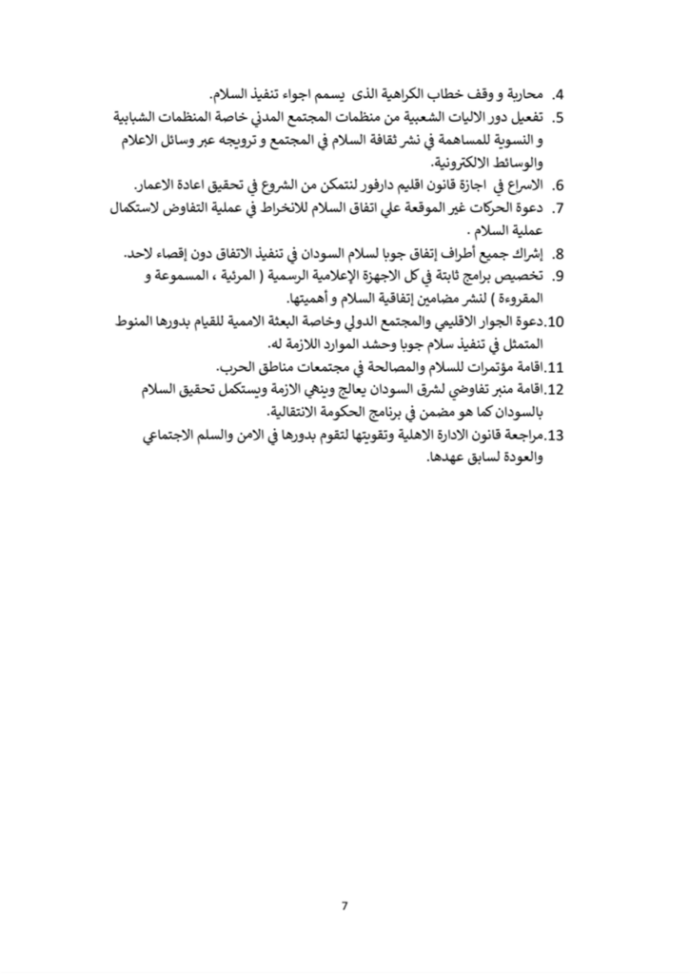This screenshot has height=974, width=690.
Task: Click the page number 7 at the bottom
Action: tap(345, 904)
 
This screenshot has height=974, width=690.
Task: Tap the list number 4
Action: tap(560, 95)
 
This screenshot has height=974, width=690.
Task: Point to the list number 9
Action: tap(560, 275)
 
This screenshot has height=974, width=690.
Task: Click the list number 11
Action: tap(559, 366)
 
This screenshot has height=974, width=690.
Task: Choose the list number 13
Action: tap(558, 436)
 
